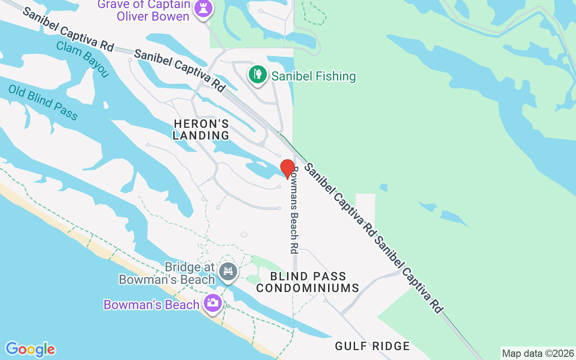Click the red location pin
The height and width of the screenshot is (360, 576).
tap(288, 168)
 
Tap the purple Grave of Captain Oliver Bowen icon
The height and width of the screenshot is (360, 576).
tap(203, 9)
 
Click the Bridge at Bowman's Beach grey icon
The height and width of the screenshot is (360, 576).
tap(228, 272)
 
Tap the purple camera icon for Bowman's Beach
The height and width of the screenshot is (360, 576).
tap(212, 302)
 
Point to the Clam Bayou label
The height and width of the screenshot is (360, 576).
tap(83, 59)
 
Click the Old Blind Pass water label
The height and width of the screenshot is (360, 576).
tap(43, 103)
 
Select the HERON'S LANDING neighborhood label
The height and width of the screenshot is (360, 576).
tap(201, 130)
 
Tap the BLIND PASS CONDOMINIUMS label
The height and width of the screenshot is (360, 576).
tap(308, 282)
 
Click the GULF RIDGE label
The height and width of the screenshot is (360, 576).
tap(372, 346)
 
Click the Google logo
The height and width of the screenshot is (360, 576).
tap(30, 349)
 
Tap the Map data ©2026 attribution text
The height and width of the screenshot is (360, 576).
tap(538, 354)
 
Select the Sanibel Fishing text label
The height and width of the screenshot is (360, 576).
tap(314, 76)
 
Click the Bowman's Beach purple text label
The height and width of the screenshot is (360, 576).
tap(151, 305)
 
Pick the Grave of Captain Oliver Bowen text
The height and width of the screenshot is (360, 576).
tap(144, 10)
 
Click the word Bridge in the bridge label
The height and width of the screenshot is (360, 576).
tap(183, 267)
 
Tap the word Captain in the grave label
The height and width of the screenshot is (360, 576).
tap(166, 5)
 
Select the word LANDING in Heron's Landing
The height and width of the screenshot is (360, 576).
tap(201, 135)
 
